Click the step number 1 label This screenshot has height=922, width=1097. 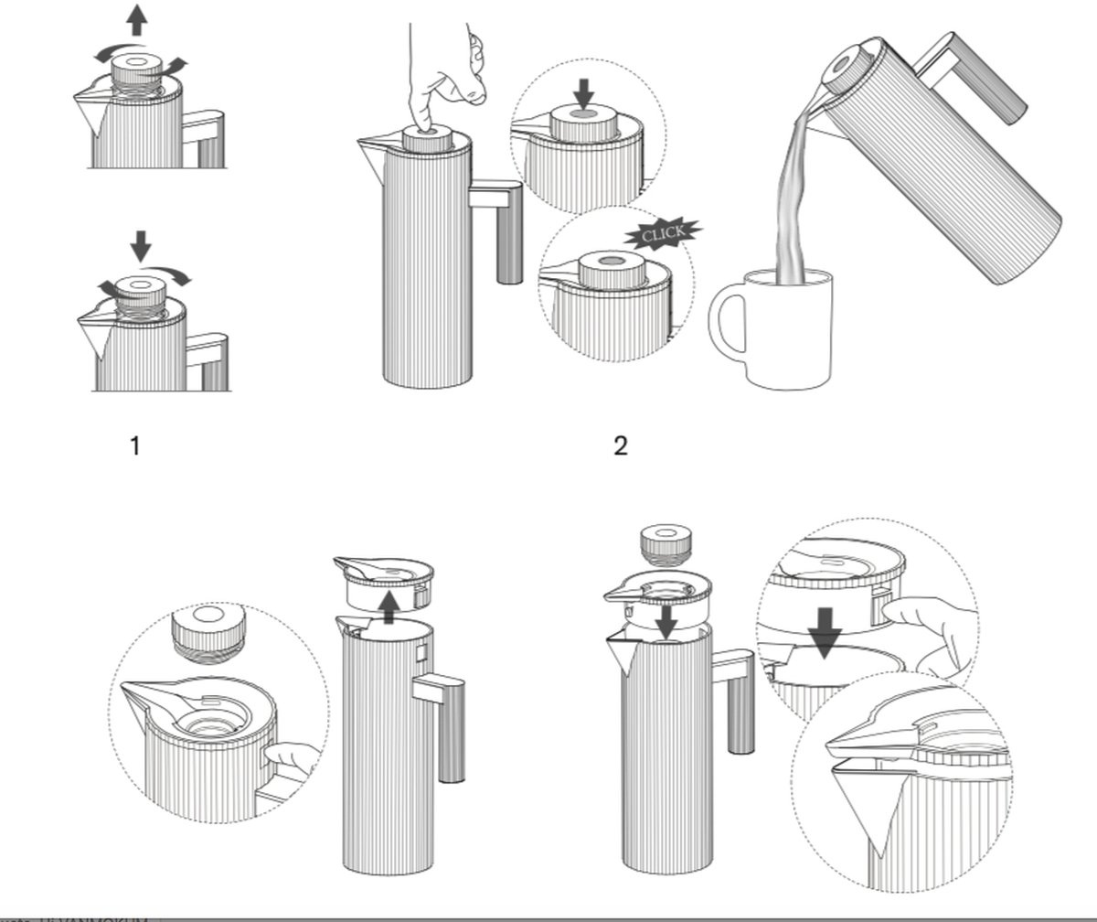point(135,446)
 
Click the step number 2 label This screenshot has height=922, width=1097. point(621,446)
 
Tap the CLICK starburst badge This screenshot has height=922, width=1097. point(664,234)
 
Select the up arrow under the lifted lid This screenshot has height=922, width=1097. point(389,606)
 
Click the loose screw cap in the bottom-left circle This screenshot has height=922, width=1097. point(209,631)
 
